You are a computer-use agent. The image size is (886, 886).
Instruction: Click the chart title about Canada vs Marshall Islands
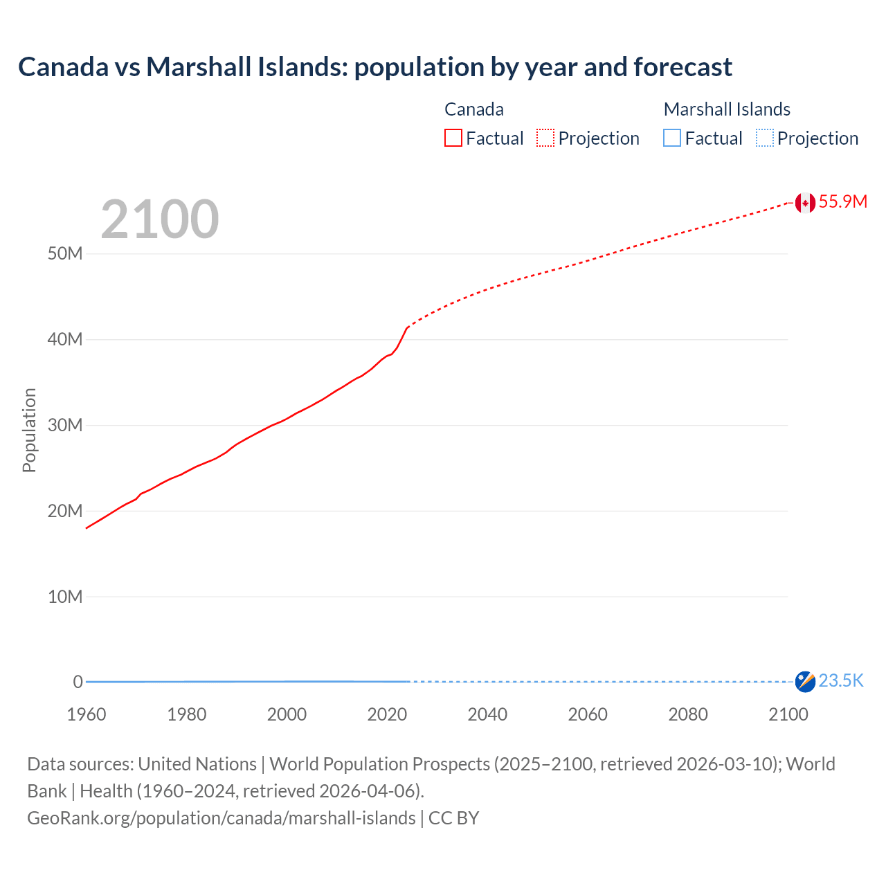click(374, 67)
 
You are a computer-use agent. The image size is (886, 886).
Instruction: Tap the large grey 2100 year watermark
click(160, 219)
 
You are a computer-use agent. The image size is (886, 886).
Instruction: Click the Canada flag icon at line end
click(804, 202)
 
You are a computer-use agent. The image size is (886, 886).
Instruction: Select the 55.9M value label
click(842, 202)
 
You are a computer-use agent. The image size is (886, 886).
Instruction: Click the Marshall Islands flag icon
click(804, 681)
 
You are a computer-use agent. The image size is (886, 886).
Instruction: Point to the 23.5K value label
click(841, 681)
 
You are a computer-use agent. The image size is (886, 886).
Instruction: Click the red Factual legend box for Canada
click(453, 138)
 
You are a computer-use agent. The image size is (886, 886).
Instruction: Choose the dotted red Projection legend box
click(545, 138)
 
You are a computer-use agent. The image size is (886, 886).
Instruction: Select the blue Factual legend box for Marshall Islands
click(672, 138)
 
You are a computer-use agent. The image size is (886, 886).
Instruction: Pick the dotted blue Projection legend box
click(764, 138)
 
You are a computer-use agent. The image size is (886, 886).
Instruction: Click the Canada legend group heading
click(474, 109)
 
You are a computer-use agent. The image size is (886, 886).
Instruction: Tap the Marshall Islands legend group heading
click(727, 109)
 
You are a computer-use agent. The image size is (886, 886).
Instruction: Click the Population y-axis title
click(29, 430)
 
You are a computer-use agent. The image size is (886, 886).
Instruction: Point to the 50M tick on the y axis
click(65, 254)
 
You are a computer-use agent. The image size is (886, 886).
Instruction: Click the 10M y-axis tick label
click(65, 597)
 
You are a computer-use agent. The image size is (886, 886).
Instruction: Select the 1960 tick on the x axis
click(87, 714)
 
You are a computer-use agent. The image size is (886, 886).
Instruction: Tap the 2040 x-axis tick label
click(487, 714)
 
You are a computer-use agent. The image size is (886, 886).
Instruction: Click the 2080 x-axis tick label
click(688, 714)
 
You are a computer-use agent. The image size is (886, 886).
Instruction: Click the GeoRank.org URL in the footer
click(221, 818)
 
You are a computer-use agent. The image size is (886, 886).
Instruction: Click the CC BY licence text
click(454, 818)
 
